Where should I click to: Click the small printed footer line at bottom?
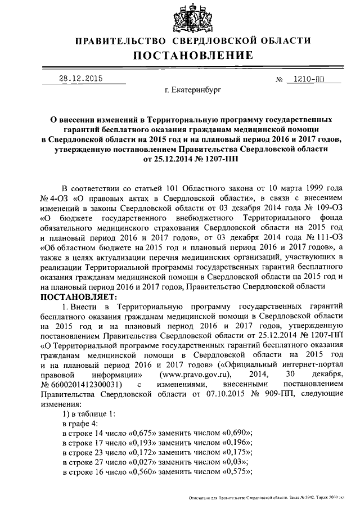(x=274, y=498)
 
